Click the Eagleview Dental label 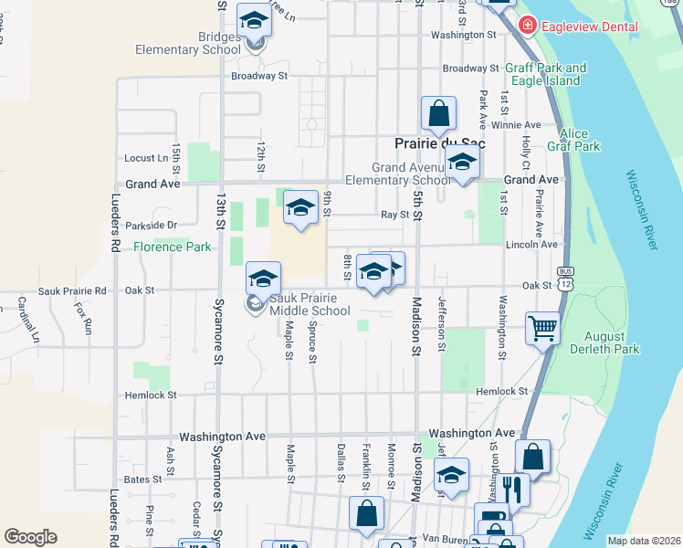(x=589, y=26)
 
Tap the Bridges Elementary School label (x=186, y=43)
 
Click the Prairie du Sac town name (x=439, y=144)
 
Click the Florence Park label (x=172, y=247)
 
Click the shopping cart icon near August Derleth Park (x=542, y=327)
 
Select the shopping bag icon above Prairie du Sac (x=438, y=113)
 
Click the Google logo (x=30, y=537)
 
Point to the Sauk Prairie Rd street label (x=72, y=290)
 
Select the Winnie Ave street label (x=516, y=124)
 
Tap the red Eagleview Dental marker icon (x=527, y=26)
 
